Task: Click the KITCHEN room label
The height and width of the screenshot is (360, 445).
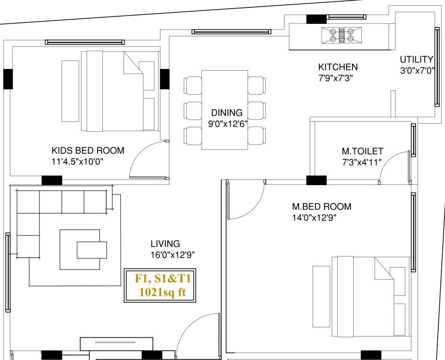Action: [x=338, y=67]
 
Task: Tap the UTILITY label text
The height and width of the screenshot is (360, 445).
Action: [x=416, y=60]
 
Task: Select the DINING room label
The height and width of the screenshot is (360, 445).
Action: [x=227, y=112]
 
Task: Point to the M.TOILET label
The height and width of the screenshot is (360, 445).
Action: [x=362, y=151]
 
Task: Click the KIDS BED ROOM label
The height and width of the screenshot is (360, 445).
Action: [x=88, y=150]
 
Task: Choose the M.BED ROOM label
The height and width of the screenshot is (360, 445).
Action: [x=321, y=206]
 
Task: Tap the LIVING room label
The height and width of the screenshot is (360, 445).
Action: [x=165, y=244]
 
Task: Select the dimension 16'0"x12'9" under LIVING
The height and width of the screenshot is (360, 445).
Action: [x=172, y=255]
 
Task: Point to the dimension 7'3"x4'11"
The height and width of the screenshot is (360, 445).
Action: [x=362, y=162]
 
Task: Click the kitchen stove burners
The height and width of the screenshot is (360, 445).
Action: [x=341, y=36]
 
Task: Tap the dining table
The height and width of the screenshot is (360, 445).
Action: [x=225, y=110]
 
